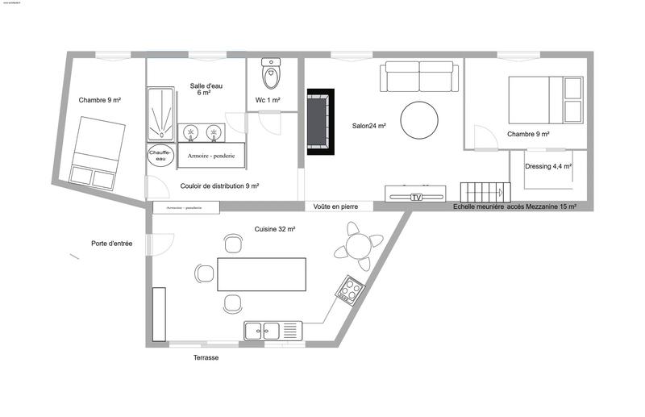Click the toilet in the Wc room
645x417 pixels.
coord(273,74)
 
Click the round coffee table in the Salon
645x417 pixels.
coord(420,120)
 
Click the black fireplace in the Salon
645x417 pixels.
coord(319,123)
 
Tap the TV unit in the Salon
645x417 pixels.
coord(415,194)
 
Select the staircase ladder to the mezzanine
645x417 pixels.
coord(481,193)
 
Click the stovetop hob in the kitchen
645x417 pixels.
coord(351,289)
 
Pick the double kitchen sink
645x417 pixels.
coord(272,329)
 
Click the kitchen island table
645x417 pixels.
coord(261,275)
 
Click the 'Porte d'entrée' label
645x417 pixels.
coord(113,243)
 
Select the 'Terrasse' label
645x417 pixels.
coord(206,357)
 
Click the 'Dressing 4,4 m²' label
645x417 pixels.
coord(547,166)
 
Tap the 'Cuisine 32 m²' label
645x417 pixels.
coord(274,229)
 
